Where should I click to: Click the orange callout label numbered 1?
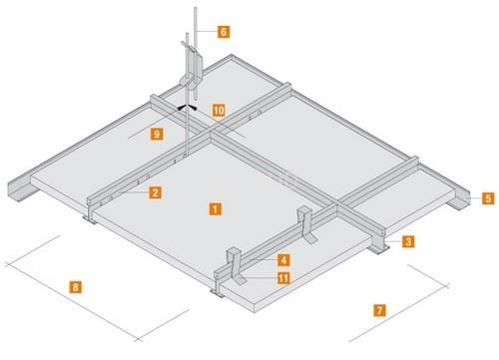216,209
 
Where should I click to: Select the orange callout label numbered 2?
156,192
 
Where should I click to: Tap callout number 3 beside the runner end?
408,241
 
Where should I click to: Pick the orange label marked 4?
283,260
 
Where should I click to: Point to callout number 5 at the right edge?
488,198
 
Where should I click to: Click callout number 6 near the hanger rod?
224,32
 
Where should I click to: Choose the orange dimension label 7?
379,310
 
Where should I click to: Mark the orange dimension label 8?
76,287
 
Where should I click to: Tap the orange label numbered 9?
157,134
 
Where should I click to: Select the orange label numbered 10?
219,110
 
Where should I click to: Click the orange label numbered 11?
283,278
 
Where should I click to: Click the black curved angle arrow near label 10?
187,107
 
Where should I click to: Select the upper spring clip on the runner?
306,224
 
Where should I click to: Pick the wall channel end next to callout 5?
458,198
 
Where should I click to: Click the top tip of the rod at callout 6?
196,8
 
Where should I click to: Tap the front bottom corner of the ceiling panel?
254,312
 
